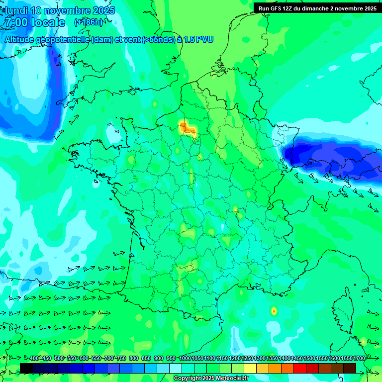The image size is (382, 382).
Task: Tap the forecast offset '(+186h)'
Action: tap(89, 22)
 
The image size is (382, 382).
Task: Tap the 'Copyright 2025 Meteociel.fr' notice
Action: tap(211, 379)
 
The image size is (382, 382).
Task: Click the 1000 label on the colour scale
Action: tap(185, 359)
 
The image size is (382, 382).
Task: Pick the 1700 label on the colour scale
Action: tap(346, 359)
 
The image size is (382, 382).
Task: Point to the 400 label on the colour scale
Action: tap(34, 359)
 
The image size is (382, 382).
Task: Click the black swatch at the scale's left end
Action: tap(26, 368)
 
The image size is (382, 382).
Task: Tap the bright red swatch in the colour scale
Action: tap(300, 368)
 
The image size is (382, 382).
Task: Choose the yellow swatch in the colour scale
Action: tap(250, 368)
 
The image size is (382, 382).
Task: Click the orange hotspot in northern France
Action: tap(189, 129)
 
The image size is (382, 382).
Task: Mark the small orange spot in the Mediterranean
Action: tap(274, 311)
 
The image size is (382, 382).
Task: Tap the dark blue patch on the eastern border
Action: tap(328, 159)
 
